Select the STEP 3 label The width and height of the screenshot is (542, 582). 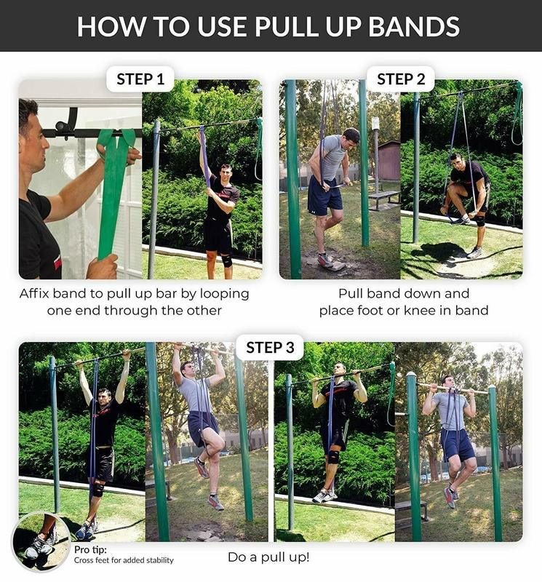[x=270, y=348]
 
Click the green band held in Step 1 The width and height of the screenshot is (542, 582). [x=114, y=189]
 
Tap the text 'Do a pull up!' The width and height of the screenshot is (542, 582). [x=268, y=557]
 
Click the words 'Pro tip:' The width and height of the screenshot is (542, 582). [x=92, y=549]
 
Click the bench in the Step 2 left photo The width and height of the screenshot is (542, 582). [x=383, y=196]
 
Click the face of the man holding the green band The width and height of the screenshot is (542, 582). [x=32, y=135]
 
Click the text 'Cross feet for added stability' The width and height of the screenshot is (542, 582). [x=124, y=560]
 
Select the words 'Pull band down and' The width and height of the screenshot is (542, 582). [x=403, y=294]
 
